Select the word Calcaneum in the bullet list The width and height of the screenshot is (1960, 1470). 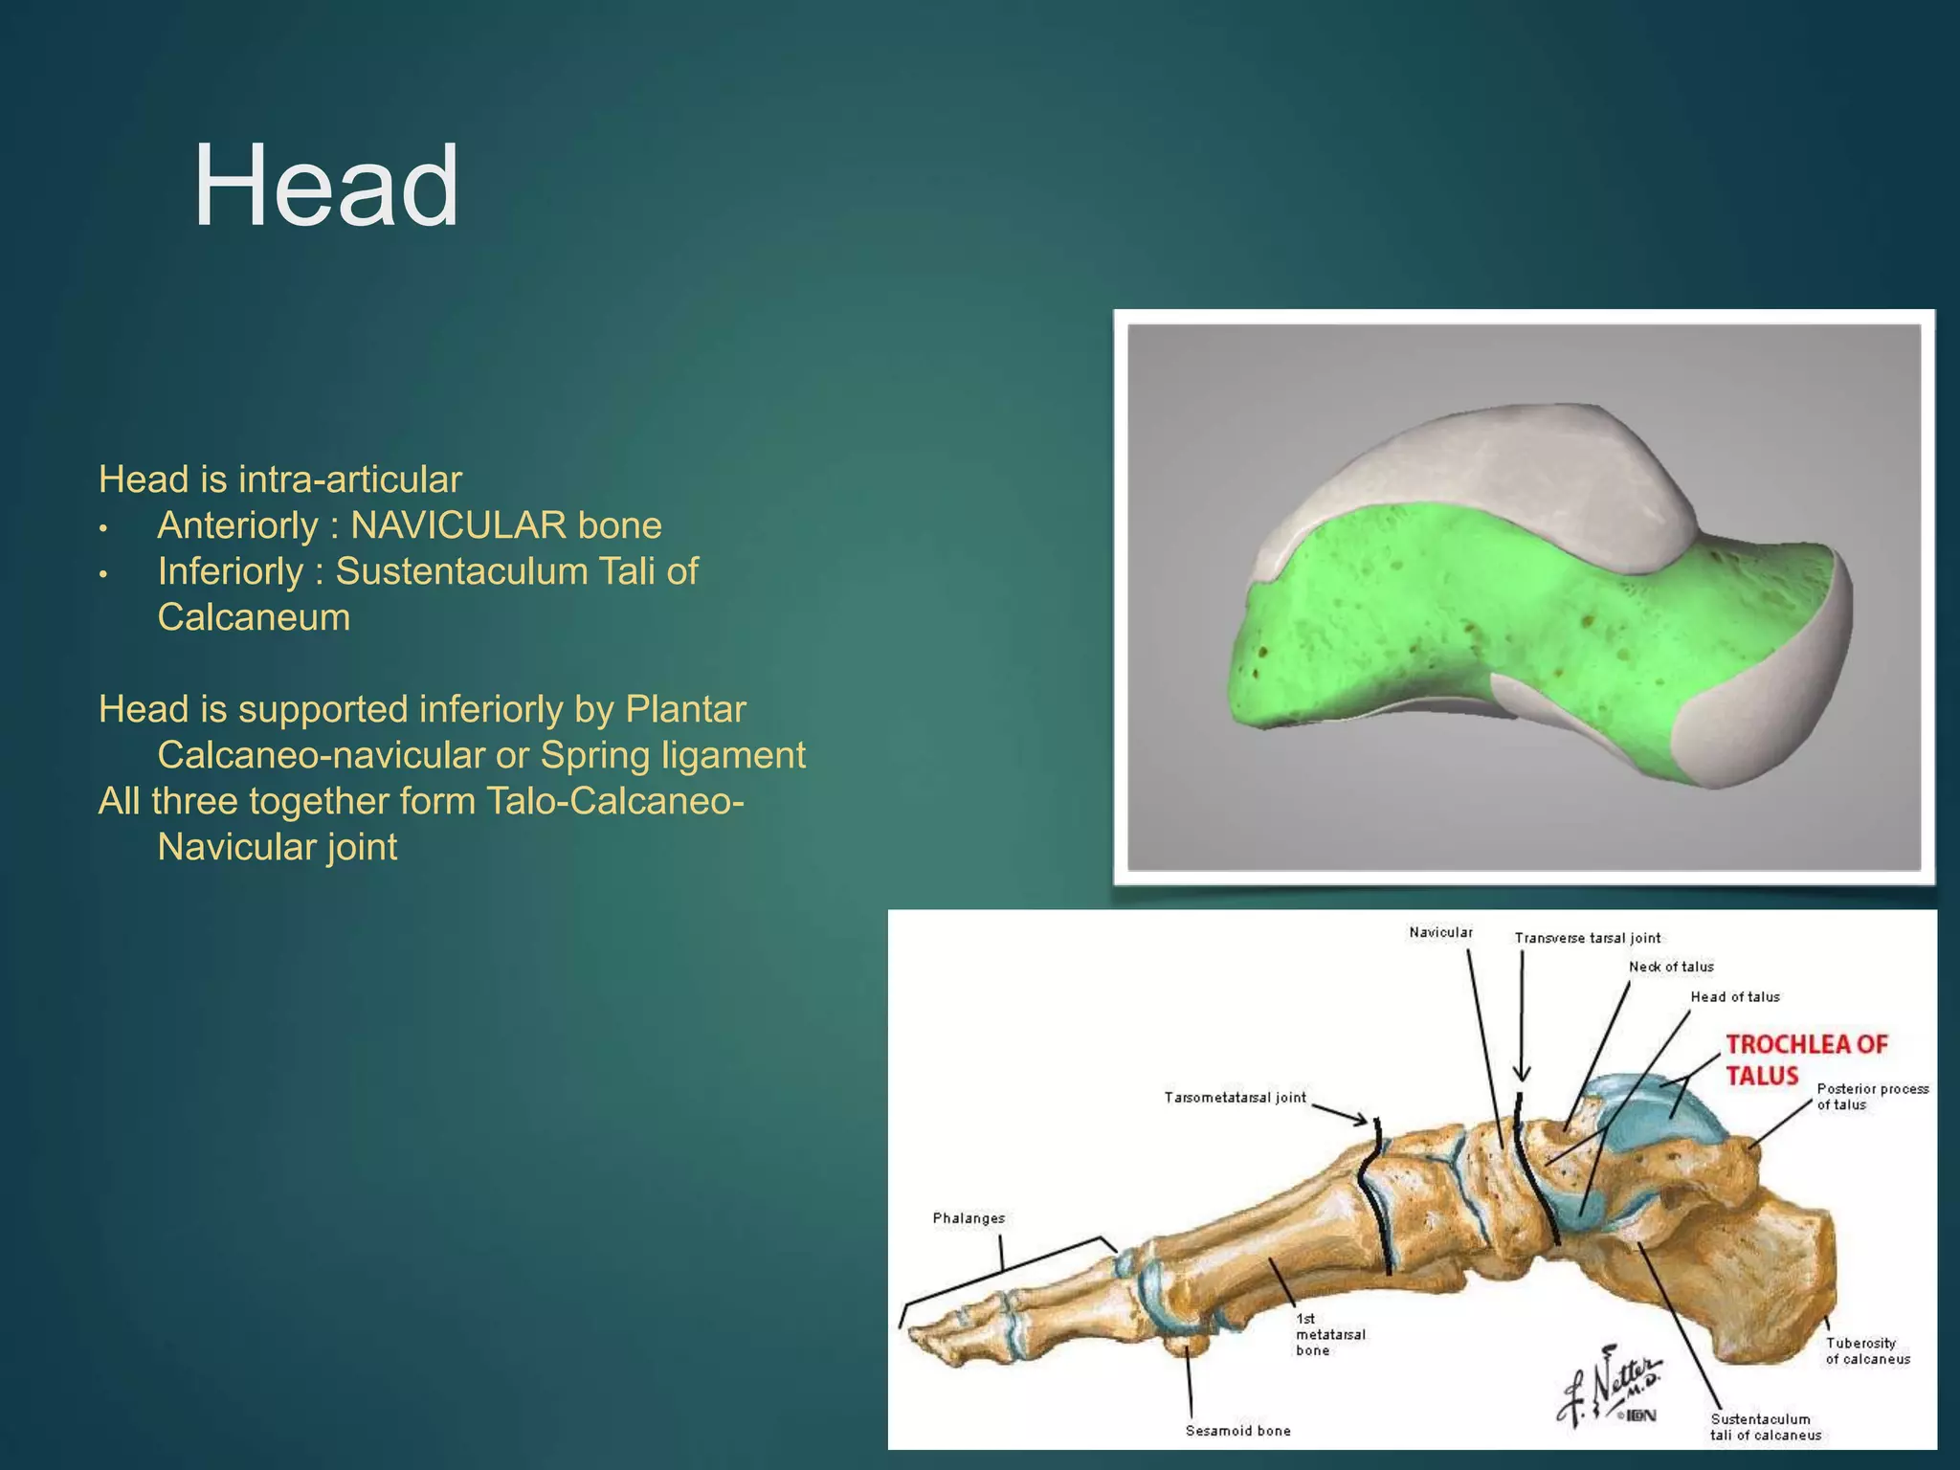pyautogui.click(x=254, y=617)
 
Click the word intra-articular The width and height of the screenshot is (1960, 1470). pyautogui.click(x=350, y=479)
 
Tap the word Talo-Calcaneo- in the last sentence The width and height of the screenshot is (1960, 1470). pyautogui.click(x=615, y=801)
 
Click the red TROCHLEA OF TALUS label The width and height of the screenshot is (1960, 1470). pyautogui.click(x=1806, y=1059)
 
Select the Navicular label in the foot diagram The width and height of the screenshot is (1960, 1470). pyautogui.click(x=1440, y=932)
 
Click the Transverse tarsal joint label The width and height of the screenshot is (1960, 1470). pyautogui.click(x=1588, y=938)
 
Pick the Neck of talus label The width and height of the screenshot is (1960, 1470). pyautogui.click(x=1671, y=967)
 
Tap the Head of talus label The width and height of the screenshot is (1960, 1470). pyautogui.click(x=1734, y=997)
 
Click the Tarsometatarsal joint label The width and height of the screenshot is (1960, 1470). pyautogui.click(x=1235, y=1098)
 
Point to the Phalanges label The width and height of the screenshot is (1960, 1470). pyautogui.click(x=969, y=1218)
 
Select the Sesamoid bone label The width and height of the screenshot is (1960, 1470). pyautogui.click(x=1237, y=1431)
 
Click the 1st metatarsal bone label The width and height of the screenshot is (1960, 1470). pyautogui.click(x=1329, y=1334)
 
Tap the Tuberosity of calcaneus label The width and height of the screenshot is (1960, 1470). pyautogui.click(x=1867, y=1350)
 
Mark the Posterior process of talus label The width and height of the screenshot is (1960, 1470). pyautogui.click(x=1872, y=1097)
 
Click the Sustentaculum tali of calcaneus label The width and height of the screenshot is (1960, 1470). pyautogui.click(x=1766, y=1427)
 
